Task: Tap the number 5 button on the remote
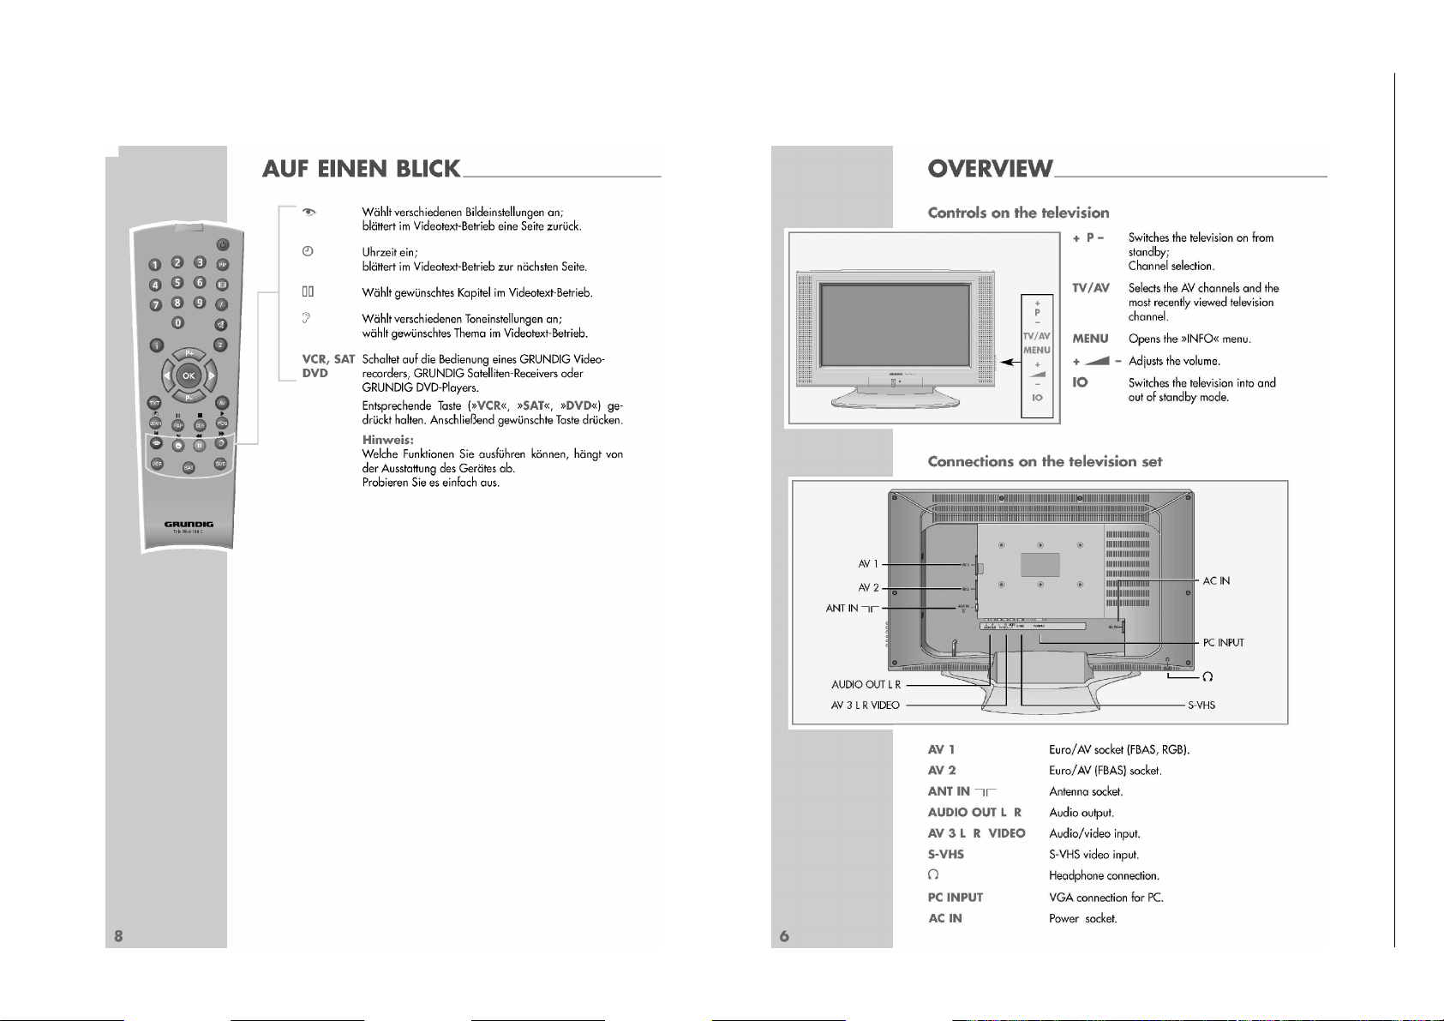[177, 282]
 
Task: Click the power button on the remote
[222, 244]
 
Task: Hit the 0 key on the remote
[178, 322]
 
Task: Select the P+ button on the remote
[189, 353]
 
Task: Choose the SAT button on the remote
[189, 467]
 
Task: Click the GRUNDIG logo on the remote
[189, 524]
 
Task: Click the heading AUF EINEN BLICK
[361, 169]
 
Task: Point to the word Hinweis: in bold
[387, 440]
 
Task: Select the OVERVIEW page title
[990, 169]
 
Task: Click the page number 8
[118, 935]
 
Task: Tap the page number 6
[783, 935]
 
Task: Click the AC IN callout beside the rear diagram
[1216, 581]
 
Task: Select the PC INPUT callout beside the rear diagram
[1223, 643]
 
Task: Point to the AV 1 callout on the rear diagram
[868, 564]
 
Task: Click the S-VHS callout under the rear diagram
[1201, 706]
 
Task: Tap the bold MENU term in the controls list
[1090, 339]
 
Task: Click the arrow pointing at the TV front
[1010, 362]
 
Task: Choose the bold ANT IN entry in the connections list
[949, 791]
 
